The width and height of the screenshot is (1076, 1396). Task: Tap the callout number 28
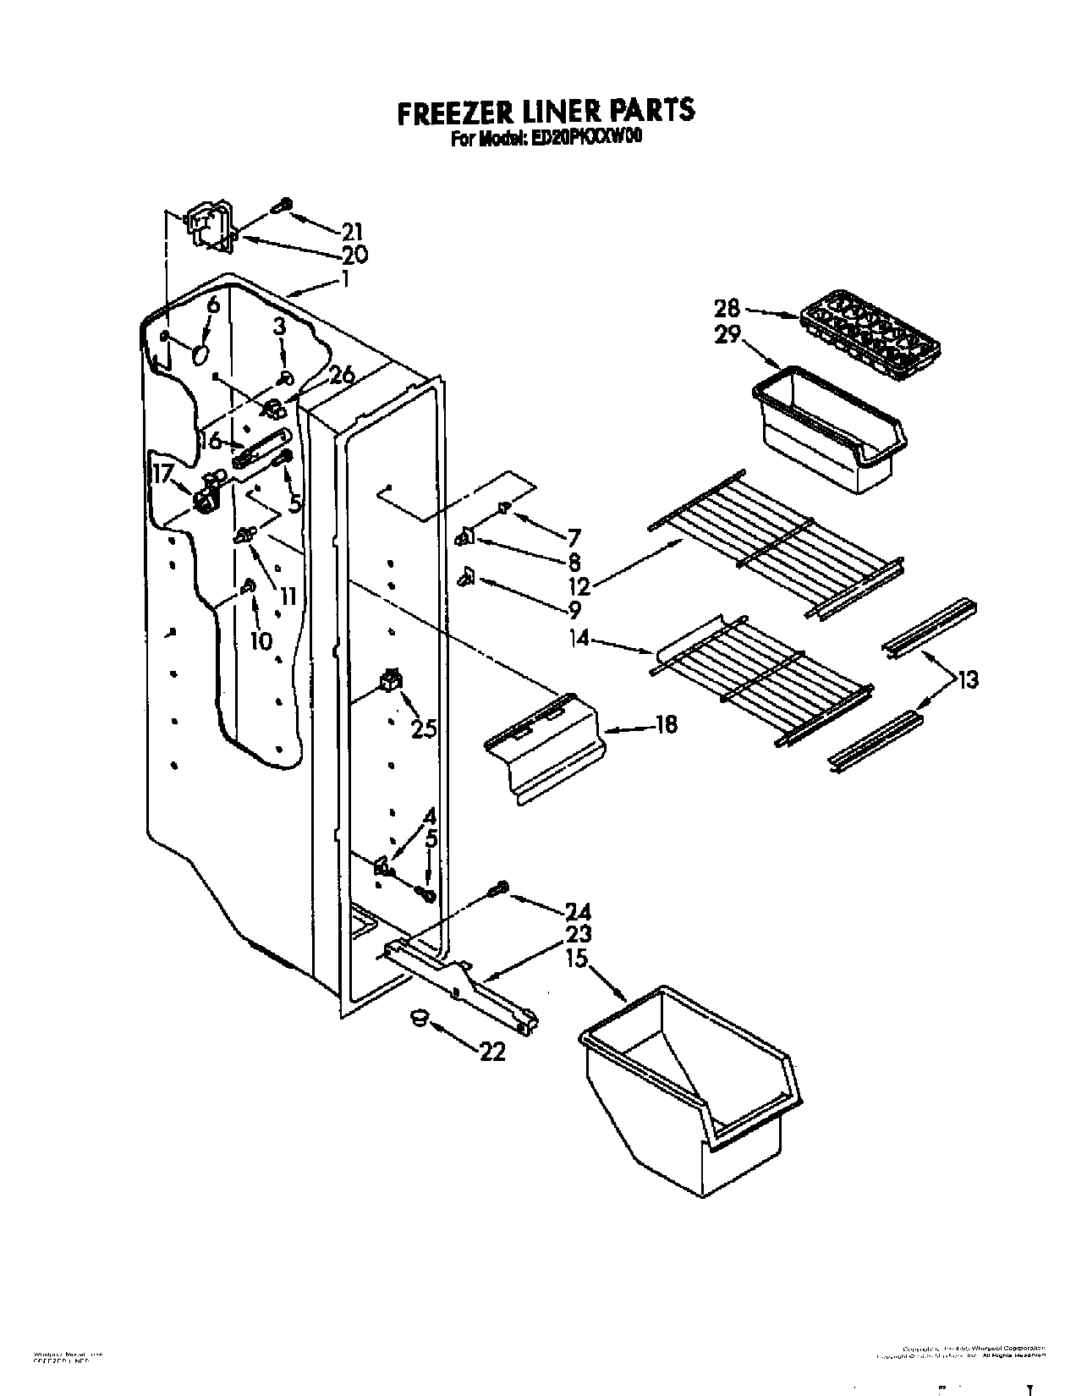[x=727, y=308]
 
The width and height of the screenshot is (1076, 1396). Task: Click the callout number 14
[x=580, y=640]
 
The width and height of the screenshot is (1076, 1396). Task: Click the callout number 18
[x=666, y=725]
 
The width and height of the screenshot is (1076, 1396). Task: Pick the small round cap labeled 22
[x=418, y=1018]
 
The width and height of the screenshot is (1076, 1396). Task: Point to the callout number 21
[x=352, y=230]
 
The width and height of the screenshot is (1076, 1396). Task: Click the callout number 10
[x=261, y=640]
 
